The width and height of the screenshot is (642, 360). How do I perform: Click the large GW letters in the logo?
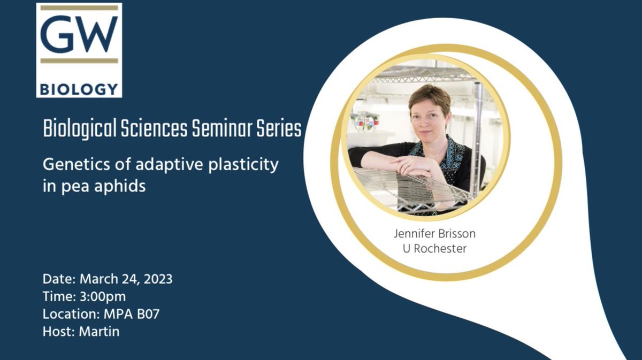tap(79, 36)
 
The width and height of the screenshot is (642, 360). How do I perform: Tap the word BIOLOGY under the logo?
tap(79, 88)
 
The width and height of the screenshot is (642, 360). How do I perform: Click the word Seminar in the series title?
tap(220, 129)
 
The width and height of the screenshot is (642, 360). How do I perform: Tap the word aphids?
tap(121, 187)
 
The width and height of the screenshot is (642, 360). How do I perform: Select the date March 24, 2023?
tap(126, 279)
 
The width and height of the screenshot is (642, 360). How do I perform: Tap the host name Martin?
tap(99, 331)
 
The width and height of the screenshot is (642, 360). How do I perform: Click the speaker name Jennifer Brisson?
tap(434, 234)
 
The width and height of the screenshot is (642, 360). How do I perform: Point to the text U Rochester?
tap(434, 249)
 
